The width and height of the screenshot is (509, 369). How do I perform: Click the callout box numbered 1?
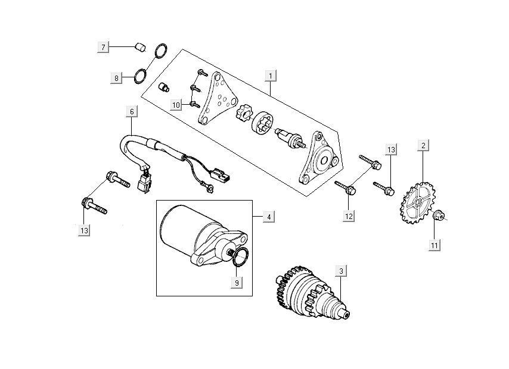(271, 76)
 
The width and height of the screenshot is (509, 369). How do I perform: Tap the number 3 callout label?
(341, 271)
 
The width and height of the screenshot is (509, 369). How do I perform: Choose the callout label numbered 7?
(103, 46)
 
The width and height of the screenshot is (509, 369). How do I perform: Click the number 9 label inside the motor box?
(237, 283)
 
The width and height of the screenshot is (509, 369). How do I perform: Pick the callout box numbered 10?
(176, 105)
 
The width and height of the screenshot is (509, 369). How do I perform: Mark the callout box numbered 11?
(435, 245)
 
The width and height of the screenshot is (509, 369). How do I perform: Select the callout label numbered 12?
(348, 216)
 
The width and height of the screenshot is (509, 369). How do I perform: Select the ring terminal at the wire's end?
(209, 187)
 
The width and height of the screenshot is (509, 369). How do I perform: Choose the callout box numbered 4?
(269, 217)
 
